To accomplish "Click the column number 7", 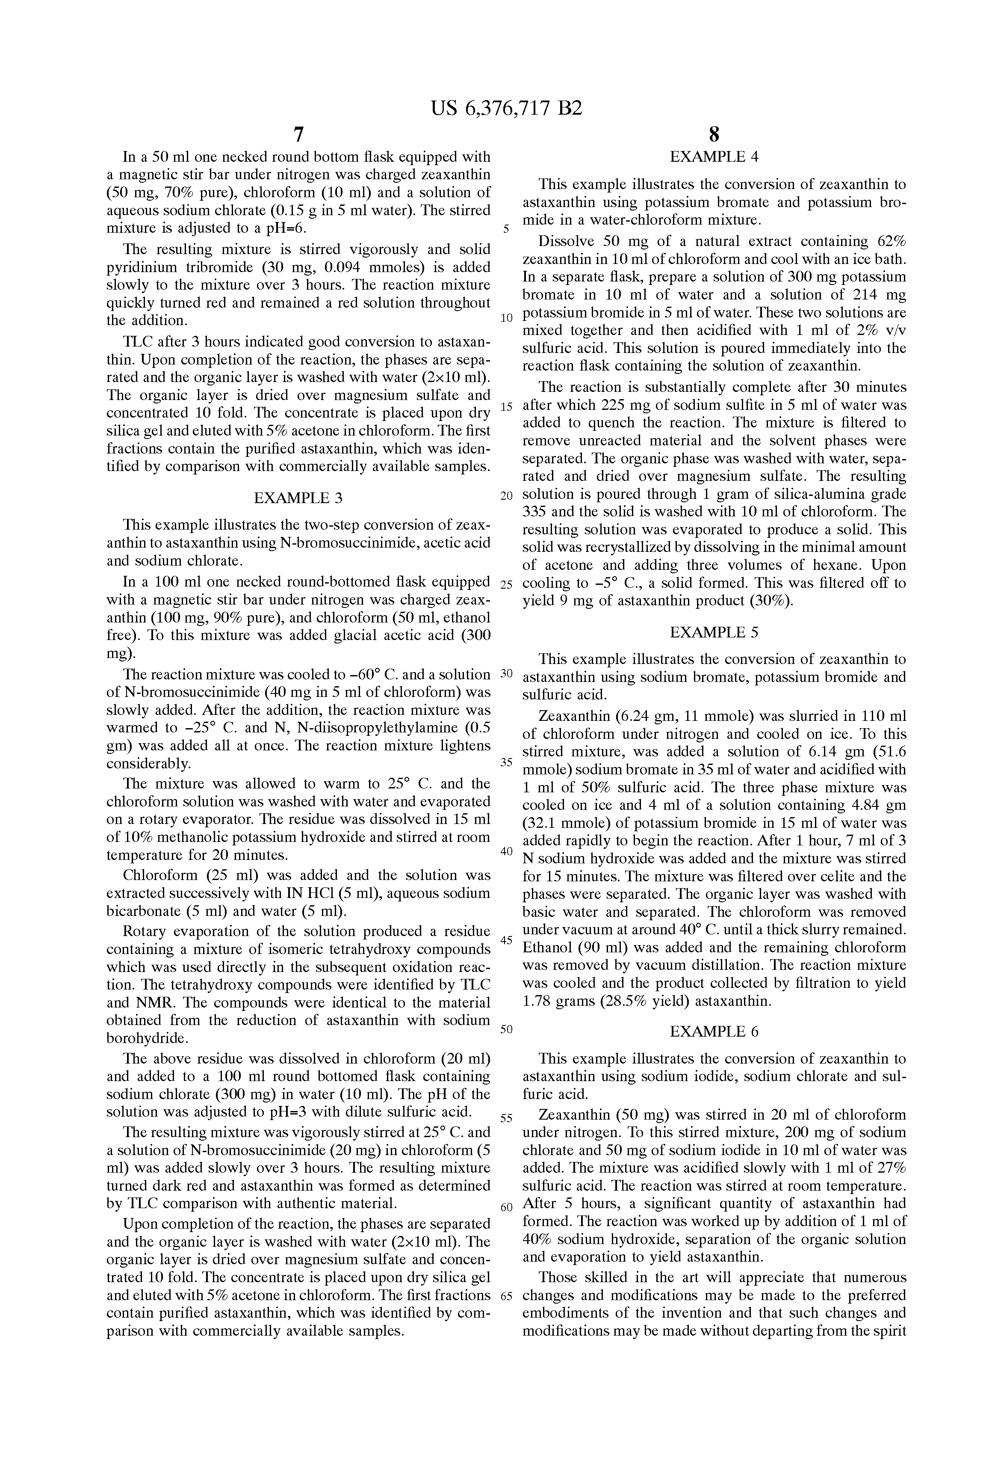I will click(x=298, y=135).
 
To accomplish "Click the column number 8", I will click(x=714, y=135).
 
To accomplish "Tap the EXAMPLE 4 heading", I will click(x=714, y=157).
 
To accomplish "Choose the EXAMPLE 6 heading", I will click(x=714, y=1031).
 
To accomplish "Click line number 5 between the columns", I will click(x=506, y=229).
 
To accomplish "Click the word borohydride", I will click(x=147, y=1038).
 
